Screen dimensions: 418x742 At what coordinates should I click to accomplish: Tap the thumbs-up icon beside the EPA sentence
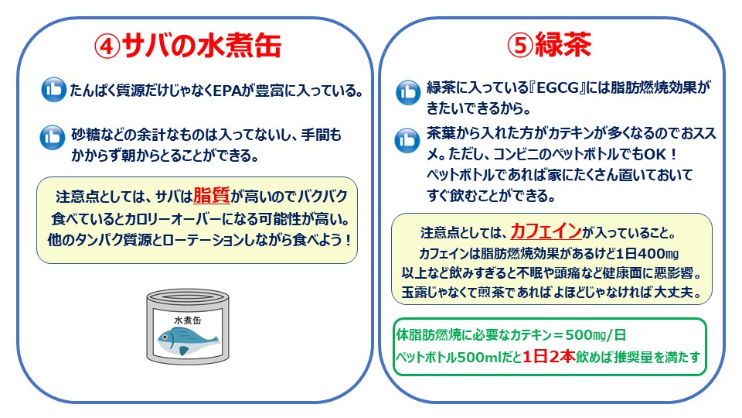53,90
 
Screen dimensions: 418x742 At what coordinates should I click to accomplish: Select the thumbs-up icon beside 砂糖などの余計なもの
53,138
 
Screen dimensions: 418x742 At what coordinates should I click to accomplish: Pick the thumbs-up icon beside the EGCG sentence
407,92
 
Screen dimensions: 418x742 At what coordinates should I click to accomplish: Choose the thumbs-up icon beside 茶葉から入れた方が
407,140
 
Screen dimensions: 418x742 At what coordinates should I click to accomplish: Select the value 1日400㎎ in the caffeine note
646,253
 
